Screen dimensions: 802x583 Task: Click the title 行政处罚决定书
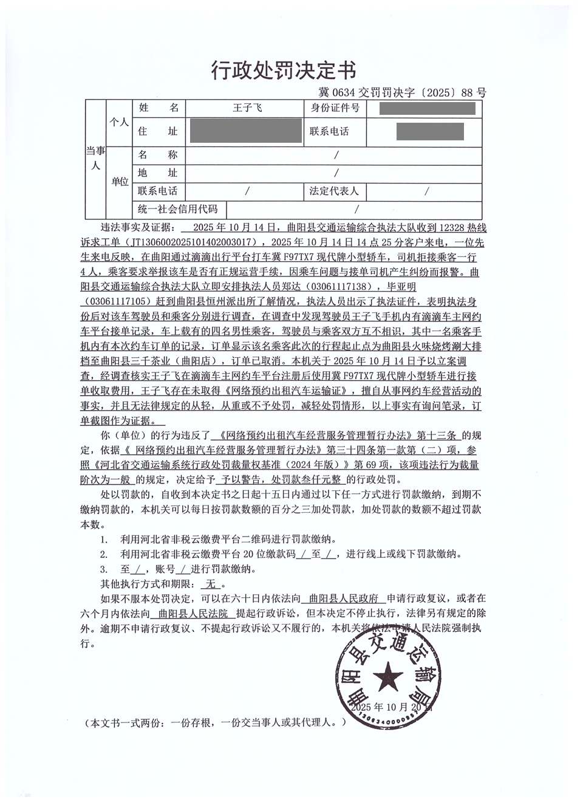[283, 70]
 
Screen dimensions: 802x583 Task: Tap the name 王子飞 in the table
[245, 109]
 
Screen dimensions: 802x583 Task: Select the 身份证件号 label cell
[335, 109]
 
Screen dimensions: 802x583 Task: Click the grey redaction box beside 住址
[245, 131]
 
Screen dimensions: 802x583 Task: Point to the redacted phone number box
[429, 131]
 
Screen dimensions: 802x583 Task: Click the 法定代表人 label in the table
[335, 191]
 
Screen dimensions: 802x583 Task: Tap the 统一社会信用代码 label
[177, 210]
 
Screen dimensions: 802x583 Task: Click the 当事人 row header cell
[95, 158]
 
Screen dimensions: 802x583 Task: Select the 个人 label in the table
[118, 122]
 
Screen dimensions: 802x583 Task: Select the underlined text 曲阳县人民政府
[344, 598]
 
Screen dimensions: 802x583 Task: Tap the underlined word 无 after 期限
[211, 584]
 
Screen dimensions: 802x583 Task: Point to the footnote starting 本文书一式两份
[217, 723]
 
